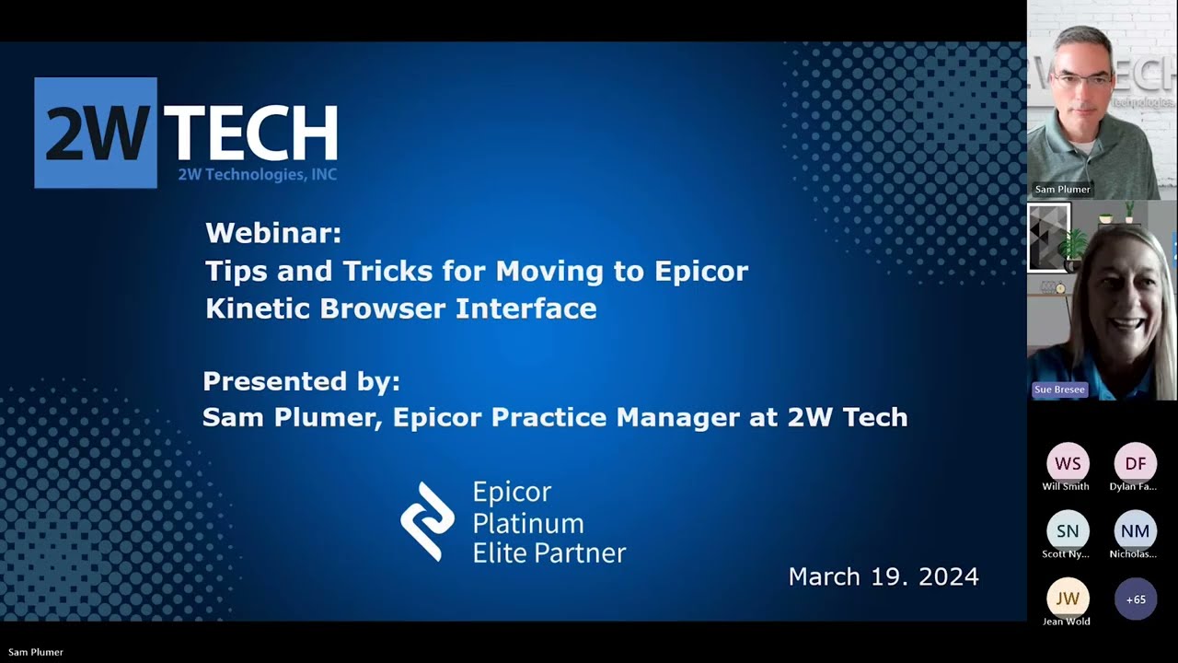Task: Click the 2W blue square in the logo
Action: pyautogui.click(x=96, y=133)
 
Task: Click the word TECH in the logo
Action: pyautogui.click(x=249, y=134)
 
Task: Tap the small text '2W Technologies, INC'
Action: pyautogui.click(x=257, y=175)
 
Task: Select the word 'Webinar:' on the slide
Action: pyautogui.click(x=273, y=233)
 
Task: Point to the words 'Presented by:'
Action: pyautogui.click(x=301, y=381)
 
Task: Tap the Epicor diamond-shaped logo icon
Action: pyautogui.click(x=427, y=521)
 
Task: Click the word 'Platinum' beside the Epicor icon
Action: pyautogui.click(x=527, y=523)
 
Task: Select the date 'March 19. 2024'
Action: pyautogui.click(x=883, y=577)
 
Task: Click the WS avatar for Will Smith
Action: pyautogui.click(x=1068, y=463)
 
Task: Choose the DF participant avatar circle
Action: pyautogui.click(x=1136, y=463)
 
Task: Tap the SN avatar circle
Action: pyautogui.click(x=1068, y=531)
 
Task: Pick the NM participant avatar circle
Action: pyautogui.click(x=1136, y=531)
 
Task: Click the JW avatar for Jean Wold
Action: pyautogui.click(x=1068, y=599)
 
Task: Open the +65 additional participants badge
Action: pyautogui.click(x=1136, y=599)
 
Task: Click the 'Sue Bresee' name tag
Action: pyautogui.click(x=1059, y=390)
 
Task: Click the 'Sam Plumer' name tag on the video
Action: pyautogui.click(x=1062, y=190)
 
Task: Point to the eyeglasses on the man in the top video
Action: pyautogui.click(x=1082, y=81)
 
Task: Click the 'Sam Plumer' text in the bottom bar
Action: pyautogui.click(x=36, y=652)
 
